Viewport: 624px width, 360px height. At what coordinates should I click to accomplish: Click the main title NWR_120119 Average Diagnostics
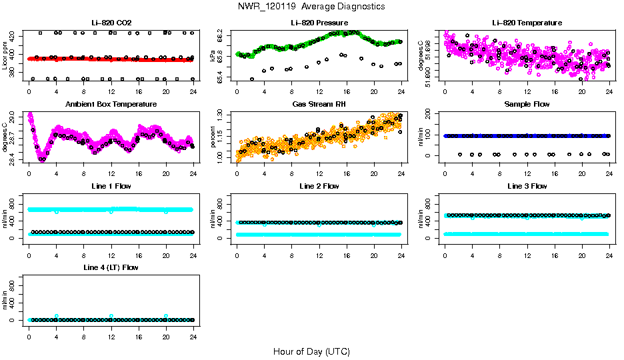pos(311,6)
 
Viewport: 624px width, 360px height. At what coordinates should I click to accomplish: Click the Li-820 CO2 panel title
pos(111,23)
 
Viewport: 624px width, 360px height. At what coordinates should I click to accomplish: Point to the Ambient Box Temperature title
pos(111,105)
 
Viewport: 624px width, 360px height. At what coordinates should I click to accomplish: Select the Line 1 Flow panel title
pos(111,186)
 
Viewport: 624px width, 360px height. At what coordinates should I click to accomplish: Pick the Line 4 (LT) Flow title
pos(111,267)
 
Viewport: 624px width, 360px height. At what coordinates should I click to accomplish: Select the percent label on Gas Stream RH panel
pos(213,137)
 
